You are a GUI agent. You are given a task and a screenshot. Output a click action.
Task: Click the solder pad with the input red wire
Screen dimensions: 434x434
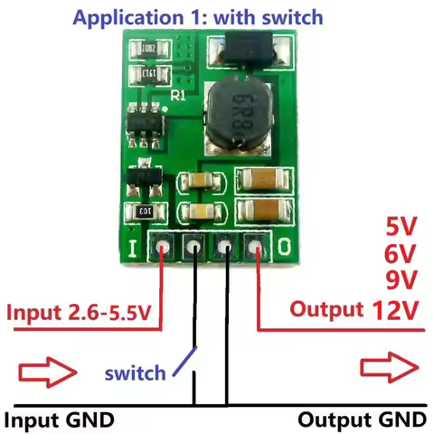tap(163, 246)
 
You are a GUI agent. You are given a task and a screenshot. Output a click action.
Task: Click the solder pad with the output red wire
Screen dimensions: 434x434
tap(256, 246)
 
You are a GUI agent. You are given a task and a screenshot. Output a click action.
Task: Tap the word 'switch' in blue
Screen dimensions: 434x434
tap(135, 372)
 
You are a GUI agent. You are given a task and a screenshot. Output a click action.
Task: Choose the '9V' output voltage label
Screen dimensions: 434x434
tap(401, 281)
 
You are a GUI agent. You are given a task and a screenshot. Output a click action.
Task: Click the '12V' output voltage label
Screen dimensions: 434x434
tap(396, 310)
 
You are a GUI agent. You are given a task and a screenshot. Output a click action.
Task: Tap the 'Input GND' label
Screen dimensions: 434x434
tap(60, 420)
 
